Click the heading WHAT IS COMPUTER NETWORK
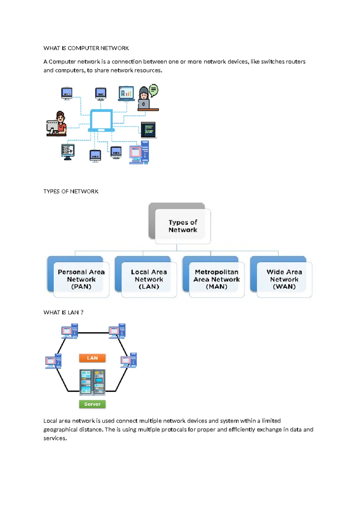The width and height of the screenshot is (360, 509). pos(86,48)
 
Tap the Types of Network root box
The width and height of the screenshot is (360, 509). pos(182,226)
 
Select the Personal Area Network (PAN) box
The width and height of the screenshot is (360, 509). pos(81,279)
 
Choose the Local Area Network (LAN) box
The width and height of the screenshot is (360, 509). pos(149,279)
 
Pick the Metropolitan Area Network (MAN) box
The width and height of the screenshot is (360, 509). pos(217,279)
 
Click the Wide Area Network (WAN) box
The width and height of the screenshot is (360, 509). pos(284,279)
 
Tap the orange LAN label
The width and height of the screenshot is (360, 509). pos(92,358)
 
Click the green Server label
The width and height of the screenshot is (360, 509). pos(92,404)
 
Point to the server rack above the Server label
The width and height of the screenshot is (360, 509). pos(92,381)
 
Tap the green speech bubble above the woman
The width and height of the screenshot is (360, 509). pos(154,89)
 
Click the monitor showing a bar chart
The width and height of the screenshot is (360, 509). pos(126,93)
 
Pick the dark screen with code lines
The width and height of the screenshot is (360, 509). pos(148,130)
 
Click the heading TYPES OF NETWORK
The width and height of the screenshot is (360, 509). pos(71,191)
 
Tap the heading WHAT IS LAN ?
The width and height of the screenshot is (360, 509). pos(63,312)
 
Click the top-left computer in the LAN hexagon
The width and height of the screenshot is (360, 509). pos(70,331)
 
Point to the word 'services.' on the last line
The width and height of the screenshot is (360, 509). pos(55,438)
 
